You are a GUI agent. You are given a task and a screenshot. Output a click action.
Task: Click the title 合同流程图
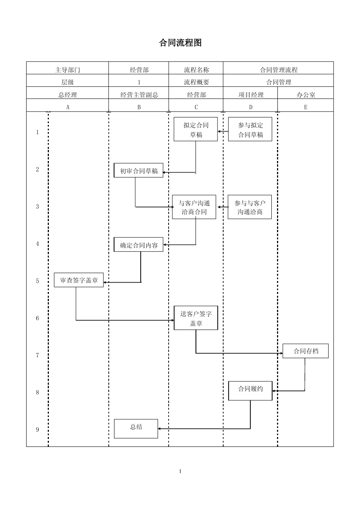pos(180,43)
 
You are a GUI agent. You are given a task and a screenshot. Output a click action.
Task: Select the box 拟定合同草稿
pos(196,130)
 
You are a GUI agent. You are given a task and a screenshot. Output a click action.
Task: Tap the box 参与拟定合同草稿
pos(250,130)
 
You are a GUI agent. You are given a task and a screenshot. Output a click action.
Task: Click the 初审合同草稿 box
pos(139,171)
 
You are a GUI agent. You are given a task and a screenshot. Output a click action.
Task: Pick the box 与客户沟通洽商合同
pos(194,207)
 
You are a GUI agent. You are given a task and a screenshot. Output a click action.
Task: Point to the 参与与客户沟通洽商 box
pos(250,207)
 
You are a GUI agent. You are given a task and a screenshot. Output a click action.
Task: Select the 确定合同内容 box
pos(139,245)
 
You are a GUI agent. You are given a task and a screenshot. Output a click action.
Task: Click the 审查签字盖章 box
pos(79,280)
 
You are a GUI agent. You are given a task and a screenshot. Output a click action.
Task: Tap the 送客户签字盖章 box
pos(196,318)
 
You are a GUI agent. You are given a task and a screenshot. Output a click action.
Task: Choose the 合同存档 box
pos(305,351)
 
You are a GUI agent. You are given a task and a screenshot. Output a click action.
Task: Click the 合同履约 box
pos(250,390)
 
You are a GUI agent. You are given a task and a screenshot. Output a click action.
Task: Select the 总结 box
pos(136,428)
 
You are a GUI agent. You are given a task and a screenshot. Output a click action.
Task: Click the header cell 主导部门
pos(68,70)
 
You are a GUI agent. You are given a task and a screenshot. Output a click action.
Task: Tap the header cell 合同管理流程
pos(279,70)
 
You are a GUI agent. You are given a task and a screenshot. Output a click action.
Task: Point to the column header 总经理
pos(68,95)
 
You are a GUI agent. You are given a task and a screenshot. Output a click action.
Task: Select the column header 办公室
pos(306,95)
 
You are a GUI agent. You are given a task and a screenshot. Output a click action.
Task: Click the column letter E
pos(306,107)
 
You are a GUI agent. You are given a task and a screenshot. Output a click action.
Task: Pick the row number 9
pos(38,429)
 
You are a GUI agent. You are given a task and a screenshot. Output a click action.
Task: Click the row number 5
pos(38,281)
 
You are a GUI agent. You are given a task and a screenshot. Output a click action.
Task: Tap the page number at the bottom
pos(180,471)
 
